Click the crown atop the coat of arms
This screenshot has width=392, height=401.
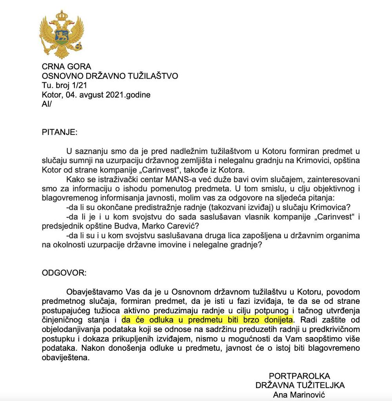click(x=62, y=16)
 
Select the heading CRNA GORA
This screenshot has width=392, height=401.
click(x=66, y=67)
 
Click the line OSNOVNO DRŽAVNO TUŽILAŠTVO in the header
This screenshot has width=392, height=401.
click(x=110, y=76)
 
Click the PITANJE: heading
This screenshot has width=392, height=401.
click(x=60, y=132)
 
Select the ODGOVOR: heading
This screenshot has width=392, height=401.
click(x=63, y=272)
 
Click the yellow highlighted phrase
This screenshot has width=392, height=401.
click(x=207, y=320)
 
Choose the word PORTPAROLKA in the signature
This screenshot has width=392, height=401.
click(x=299, y=376)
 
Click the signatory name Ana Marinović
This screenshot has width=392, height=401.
click(x=299, y=395)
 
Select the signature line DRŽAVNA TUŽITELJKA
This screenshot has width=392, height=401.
click(x=300, y=385)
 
